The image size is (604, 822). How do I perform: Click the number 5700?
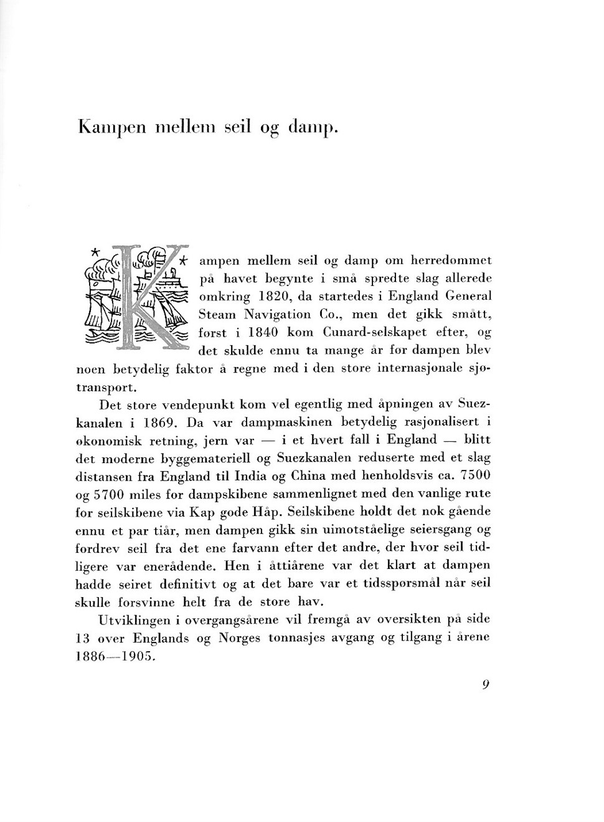(x=111, y=494)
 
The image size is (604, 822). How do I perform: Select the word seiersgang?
(x=440, y=530)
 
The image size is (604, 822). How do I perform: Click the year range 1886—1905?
(x=113, y=656)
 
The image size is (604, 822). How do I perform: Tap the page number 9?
(x=486, y=684)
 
